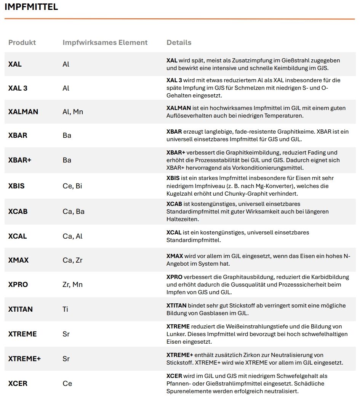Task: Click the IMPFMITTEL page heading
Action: click(31, 7)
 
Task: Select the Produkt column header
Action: click(22, 43)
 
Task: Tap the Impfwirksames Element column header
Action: click(105, 43)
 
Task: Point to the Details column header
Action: click(179, 43)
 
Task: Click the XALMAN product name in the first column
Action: click(23, 112)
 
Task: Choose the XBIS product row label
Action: click(16, 186)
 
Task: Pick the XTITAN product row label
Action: click(21, 309)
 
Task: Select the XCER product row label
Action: click(18, 383)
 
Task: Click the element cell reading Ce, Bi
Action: click(72, 186)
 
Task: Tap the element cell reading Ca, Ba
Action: click(74, 211)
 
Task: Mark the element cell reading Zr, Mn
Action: click(72, 285)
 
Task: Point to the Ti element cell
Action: click(66, 309)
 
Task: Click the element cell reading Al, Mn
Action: click(73, 112)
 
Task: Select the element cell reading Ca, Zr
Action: click(72, 260)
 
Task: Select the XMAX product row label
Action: click(18, 260)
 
